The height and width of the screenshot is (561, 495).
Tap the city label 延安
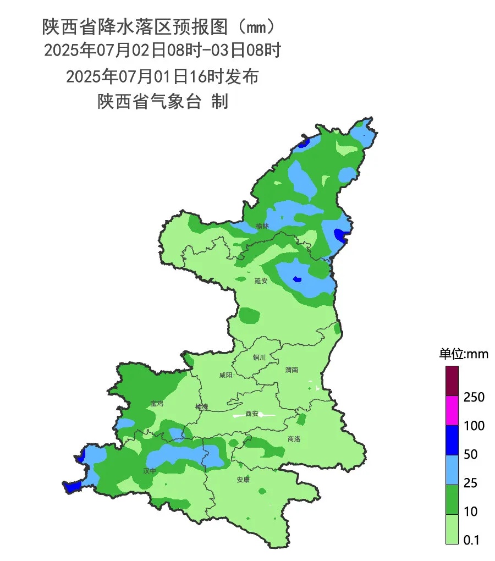pyautogui.click(x=261, y=280)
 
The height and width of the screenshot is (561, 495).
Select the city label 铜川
pyautogui.click(x=259, y=358)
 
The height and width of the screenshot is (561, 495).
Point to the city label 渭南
pyautogui.click(x=292, y=370)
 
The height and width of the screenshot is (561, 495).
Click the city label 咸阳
pyautogui.click(x=226, y=375)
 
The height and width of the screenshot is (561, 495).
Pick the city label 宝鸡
pyautogui.click(x=157, y=403)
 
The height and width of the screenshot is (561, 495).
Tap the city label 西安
pyautogui.click(x=252, y=414)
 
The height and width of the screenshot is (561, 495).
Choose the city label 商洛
pyautogui.click(x=294, y=439)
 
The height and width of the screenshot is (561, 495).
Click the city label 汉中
pyautogui.click(x=150, y=471)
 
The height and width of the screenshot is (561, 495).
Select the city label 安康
pyautogui.click(x=243, y=480)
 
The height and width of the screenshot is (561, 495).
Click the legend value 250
pyautogui.click(x=474, y=397)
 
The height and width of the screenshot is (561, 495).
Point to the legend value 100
pyautogui.click(x=474, y=426)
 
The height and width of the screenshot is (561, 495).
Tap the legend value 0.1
pyautogui.click(x=471, y=540)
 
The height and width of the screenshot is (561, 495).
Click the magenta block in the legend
pyautogui.click(x=452, y=411)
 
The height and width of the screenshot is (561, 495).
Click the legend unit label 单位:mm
pyautogui.click(x=463, y=354)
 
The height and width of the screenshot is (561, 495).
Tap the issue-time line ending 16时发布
pyautogui.click(x=162, y=76)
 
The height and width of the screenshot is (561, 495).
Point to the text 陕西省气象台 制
pyautogui.click(x=163, y=102)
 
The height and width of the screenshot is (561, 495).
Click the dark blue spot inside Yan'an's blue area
pyautogui.click(x=297, y=279)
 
